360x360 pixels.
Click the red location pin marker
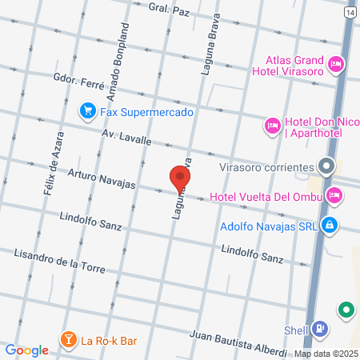pos(180,178)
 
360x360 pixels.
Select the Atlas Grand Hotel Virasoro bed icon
pos(336,63)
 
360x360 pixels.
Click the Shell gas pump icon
pos(320,328)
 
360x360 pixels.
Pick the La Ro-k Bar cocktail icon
pos(69,341)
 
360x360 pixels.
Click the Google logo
pos(27,350)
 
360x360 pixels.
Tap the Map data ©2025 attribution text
pos(326,354)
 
